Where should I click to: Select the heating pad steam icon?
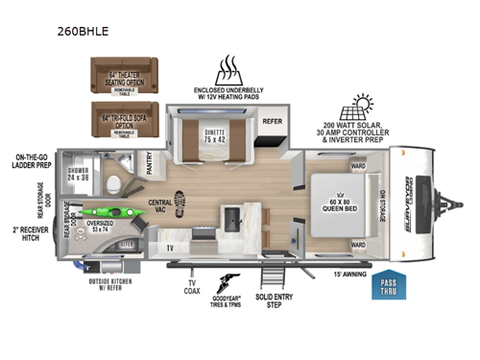pyautogui.click(x=229, y=69)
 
